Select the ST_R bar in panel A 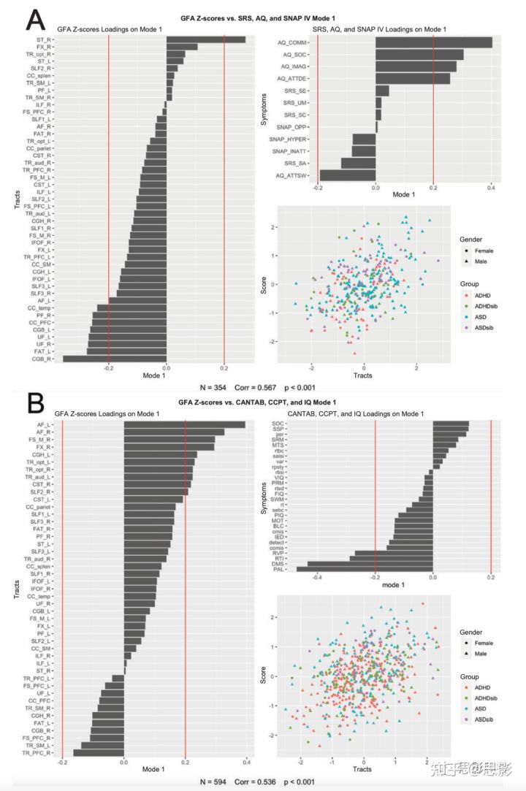[x=206, y=39]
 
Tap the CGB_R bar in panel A [x=115, y=359]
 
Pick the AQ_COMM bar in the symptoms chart [x=433, y=43]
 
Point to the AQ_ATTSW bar [x=348, y=175]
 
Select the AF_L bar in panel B [x=184, y=424]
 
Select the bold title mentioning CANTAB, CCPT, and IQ [x=263, y=402]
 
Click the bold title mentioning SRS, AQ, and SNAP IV [x=263, y=17]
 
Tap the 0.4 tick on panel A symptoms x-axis [x=491, y=186]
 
